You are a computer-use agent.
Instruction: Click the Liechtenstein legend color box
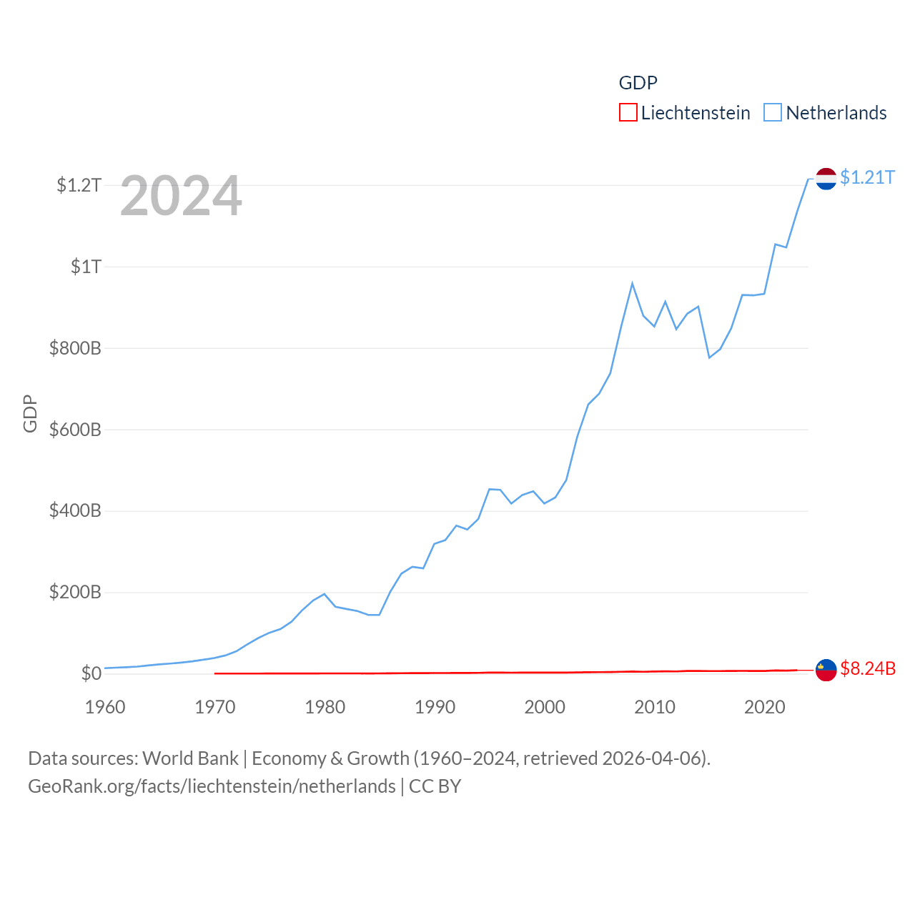coord(628,113)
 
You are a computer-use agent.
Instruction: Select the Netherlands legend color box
coord(773,113)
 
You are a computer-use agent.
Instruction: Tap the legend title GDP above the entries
coord(638,83)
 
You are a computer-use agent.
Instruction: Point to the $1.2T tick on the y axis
coord(79,186)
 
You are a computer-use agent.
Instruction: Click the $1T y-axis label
coord(86,267)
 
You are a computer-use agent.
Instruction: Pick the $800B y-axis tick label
coord(75,349)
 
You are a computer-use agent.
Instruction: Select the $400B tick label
coord(75,511)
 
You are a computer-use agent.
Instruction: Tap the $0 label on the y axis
coord(91,673)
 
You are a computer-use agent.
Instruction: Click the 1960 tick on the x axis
coord(105,707)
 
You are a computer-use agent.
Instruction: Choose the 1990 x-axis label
coord(435,707)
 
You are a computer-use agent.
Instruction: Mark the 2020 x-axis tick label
coord(765,707)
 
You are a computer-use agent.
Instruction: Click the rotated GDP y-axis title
coord(30,413)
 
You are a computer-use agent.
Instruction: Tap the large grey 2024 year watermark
coord(181,196)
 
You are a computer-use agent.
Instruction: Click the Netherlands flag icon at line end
coord(826,179)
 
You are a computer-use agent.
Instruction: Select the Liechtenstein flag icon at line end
coord(826,670)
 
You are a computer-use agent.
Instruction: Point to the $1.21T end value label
coord(867,177)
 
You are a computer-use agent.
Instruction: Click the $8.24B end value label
coord(868,668)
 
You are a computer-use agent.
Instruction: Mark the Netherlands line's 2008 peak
coord(632,284)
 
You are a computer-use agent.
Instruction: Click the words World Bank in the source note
coord(190,758)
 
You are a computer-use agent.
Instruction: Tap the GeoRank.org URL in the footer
coord(212,786)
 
